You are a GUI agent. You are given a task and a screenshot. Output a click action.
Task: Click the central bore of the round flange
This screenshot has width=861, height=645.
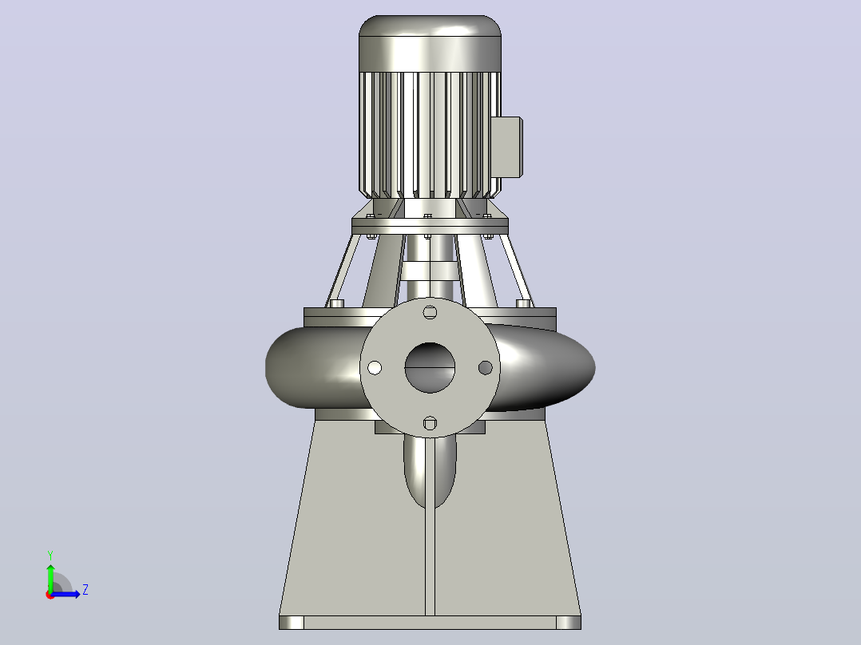pos(430,367)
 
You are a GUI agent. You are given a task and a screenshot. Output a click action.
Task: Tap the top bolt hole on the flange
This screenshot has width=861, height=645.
pos(430,312)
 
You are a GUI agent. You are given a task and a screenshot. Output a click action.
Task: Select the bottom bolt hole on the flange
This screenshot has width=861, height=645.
pos(430,423)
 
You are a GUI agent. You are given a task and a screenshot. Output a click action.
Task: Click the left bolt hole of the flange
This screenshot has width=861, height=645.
pos(375,368)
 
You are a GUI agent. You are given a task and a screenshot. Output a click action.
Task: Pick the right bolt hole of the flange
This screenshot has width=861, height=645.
pos(486,368)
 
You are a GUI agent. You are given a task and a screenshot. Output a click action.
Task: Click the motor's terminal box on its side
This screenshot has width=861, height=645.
pos(506,147)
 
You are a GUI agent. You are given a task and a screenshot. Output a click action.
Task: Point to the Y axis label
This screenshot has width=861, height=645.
pos(50,556)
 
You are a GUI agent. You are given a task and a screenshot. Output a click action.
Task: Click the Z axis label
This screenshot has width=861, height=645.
pos(85,590)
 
